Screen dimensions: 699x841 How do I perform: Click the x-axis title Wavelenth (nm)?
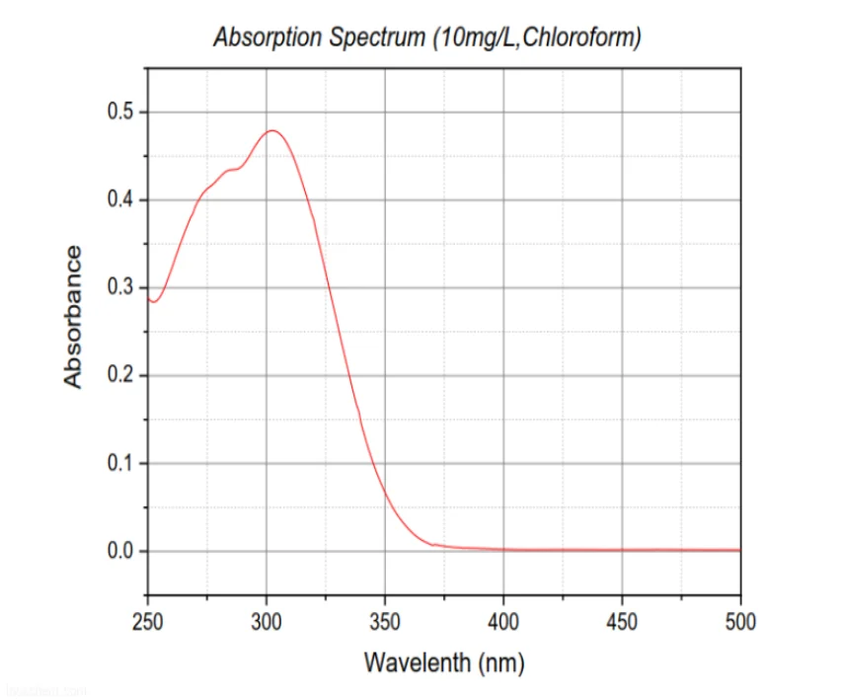[x=443, y=660]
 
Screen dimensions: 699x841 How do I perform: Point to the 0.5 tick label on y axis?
[x=120, y=112]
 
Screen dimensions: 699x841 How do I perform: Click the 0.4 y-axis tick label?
[x=120, y=199]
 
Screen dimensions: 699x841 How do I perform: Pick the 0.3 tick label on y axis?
[x=120, y=287]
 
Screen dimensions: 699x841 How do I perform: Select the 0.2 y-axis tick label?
[x=120, y=375]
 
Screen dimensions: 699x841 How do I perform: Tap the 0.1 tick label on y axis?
[x=120, y=463]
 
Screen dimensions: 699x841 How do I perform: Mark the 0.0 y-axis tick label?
[x=120, y=551]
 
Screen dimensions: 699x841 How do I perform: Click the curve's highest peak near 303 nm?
[x=273, y=130]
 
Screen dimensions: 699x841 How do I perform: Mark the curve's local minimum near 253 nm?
[x=154, y=301]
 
